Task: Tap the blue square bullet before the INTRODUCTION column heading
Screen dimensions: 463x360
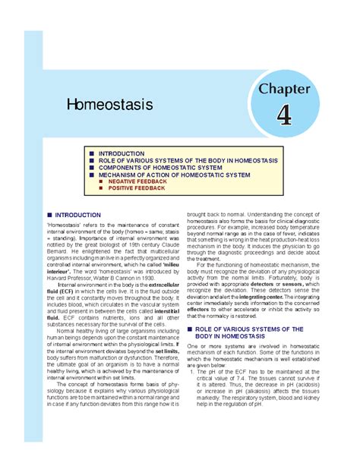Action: coord(39,215)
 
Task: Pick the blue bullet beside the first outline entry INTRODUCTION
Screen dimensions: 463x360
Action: coord(92,153)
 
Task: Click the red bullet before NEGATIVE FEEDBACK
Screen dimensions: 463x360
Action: coord(101,183)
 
